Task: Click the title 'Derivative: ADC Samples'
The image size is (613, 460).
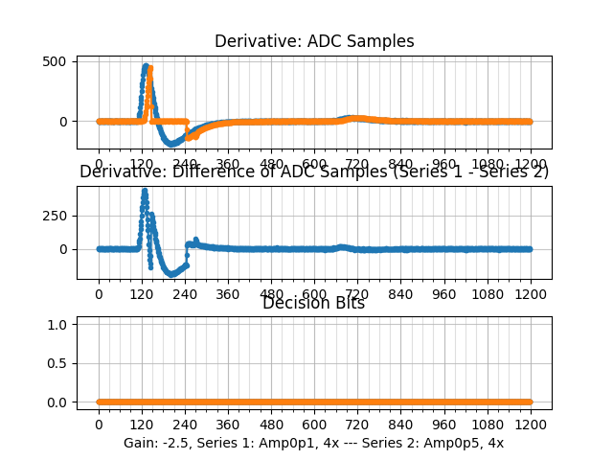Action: pos(314,41)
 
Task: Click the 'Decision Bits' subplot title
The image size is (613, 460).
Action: pos(314,303)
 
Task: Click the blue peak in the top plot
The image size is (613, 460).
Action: pos(146,66)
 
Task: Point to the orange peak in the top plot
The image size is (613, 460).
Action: pos(150,68)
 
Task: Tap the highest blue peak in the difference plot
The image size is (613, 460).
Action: pos(145,190)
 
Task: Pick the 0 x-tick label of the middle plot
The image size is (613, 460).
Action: pos(98,294)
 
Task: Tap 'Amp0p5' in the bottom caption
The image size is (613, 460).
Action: pos(455,443)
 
